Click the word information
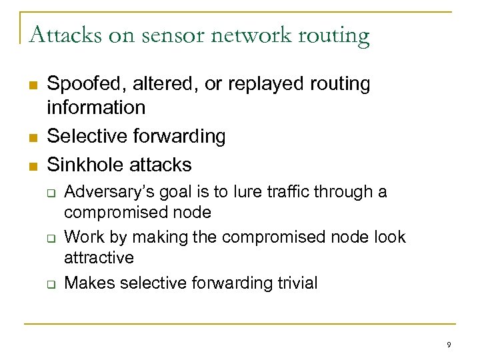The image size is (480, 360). tap(96, 107)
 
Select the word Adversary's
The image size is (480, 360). tap(105, 193)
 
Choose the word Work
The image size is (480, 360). tap(81, 237)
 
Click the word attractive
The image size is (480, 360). tap(99, 257)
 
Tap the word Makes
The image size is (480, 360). tap(86, 283)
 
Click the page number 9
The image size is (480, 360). tap(449, 345)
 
